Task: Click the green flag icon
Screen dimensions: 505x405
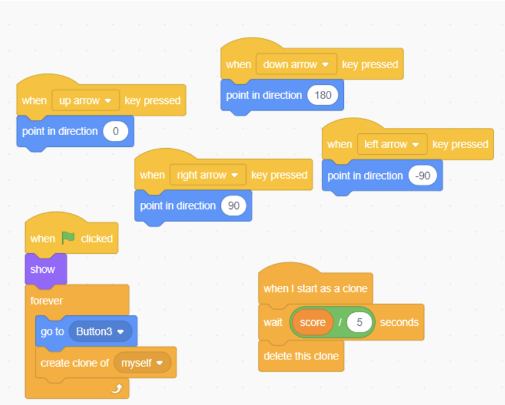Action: pyautogui.click(x=68, y=238)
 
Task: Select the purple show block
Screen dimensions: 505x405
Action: pyautogui.click(x=46, y=269)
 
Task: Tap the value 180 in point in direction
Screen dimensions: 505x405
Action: pyautogui.click(x=323, y=95)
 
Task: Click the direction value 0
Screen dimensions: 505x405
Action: pyautogui.click(x=116, y=132)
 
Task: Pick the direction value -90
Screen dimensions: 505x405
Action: pyautogui.click(x=423, y=176)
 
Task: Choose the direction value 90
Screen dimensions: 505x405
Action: pyautogui.click(x=234, y=205)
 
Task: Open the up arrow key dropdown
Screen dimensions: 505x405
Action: pyautogui.click(x=85, y=101)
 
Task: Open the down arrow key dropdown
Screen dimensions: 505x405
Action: pyautogui.click(x=296, y=65)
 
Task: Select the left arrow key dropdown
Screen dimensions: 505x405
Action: pyautogui.click(x=392, y=144)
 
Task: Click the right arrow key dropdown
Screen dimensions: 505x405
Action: pyautogui.click(x=208, y=175)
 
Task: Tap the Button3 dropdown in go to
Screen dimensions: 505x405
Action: pyautogui.click(x=100, y=331)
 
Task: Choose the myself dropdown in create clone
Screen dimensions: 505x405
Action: pyautogui.click(x=142, y=363)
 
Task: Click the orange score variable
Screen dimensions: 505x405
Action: pyautogui.click(x=312, y=322)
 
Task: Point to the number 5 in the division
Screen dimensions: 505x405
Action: pyautogui.click(x=359, y=322)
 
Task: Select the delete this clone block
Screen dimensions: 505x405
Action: pyautogui.click(x=301, y=356)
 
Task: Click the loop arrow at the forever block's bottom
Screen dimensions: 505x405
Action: pyautogui.click(x=117, y=388)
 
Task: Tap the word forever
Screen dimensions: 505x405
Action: pyautogui.click(x=47, y=301)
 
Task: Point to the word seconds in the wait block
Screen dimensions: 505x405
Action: pyautogui.click(x=399, y=322)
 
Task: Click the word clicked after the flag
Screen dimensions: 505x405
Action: pyautogui.click(x=97, y=238)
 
